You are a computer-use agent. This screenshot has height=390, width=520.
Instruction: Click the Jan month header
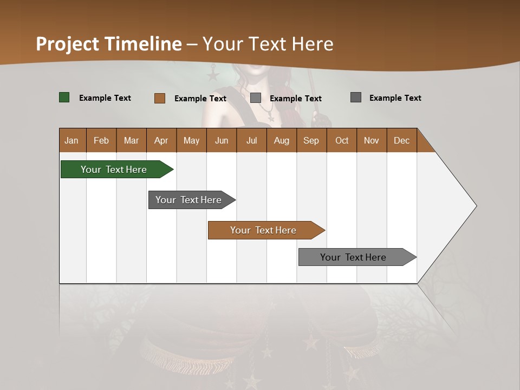72,140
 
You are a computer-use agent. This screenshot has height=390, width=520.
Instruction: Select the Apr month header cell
161,140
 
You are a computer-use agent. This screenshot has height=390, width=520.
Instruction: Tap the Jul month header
251,140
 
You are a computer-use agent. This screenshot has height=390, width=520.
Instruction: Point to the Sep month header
311,140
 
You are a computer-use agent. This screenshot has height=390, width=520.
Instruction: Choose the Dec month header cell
401,140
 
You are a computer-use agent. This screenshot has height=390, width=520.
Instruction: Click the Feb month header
101,140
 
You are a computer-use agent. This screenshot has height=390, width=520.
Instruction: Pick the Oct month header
342,140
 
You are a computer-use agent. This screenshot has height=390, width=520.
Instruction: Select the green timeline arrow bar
114,170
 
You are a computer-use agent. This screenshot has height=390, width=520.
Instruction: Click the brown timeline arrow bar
263,230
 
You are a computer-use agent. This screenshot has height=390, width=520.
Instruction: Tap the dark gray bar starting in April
188,200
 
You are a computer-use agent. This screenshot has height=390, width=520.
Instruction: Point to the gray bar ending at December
353,257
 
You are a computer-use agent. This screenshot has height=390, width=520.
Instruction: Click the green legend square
64,97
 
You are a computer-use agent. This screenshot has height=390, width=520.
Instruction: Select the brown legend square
160,98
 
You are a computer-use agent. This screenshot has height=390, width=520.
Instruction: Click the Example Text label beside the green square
105,98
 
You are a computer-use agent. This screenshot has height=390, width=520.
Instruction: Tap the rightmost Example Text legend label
395,98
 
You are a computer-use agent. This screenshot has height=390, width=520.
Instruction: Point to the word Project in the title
68,44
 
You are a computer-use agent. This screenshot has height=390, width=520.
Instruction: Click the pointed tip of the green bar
172,170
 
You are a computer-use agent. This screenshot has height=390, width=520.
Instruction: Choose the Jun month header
222,140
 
